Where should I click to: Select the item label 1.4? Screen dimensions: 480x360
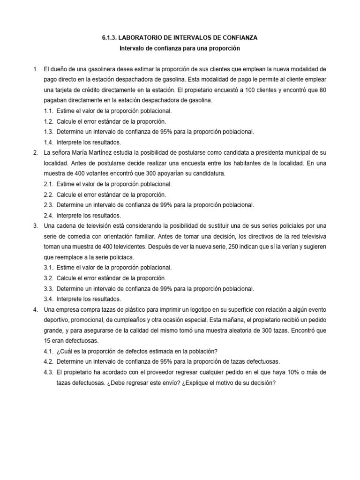(49, 142)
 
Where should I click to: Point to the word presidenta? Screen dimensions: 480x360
(261, 153)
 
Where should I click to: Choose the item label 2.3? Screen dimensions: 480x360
(49, 205)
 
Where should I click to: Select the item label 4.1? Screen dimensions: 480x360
(49, 351)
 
